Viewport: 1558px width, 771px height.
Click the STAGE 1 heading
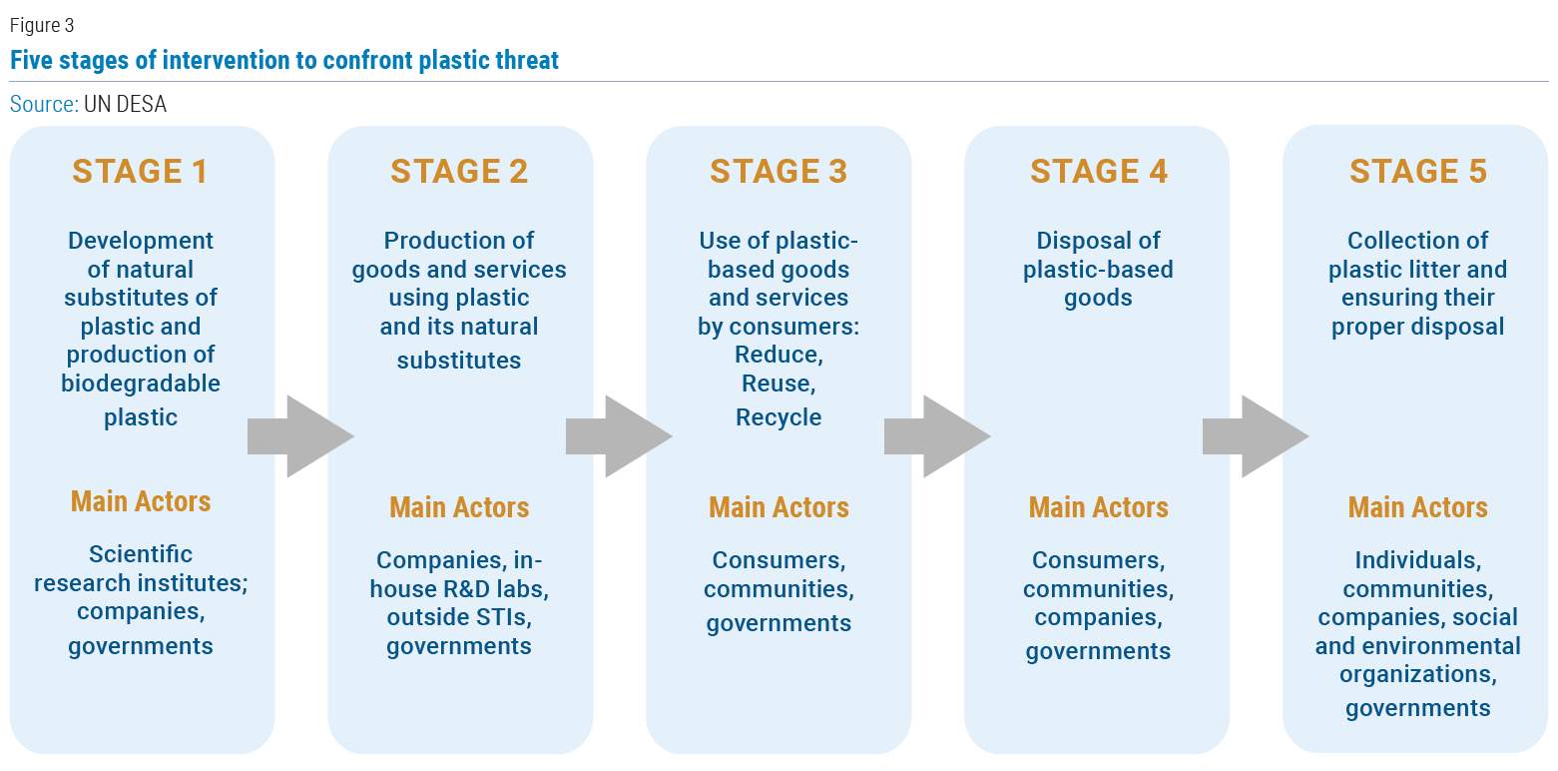pos(140,171)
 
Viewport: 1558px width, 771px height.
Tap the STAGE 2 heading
pos(459,171)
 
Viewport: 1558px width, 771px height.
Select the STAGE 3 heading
pos(779,171)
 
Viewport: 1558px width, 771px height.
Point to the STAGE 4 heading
pos(1098,171)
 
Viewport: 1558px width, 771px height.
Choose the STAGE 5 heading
pos(1418,171)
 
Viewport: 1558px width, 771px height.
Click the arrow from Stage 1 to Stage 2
pos(300,436)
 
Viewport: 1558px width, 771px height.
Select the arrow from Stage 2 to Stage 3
pos(619,436)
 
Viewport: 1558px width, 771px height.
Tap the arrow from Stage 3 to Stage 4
pos(937,436)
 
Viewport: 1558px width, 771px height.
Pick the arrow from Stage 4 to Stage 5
pos(1257,436)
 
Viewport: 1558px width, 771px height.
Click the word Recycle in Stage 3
pos(779,417)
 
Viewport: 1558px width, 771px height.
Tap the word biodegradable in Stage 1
pos(141,384)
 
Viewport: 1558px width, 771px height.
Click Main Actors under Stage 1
pos(141,501)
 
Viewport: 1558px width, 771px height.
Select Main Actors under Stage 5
pos(1418,507)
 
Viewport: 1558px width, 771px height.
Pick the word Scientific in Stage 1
pos(141,554)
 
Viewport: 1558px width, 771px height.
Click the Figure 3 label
pos(42,26)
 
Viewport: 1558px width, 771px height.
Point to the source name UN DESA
pos(125,105)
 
